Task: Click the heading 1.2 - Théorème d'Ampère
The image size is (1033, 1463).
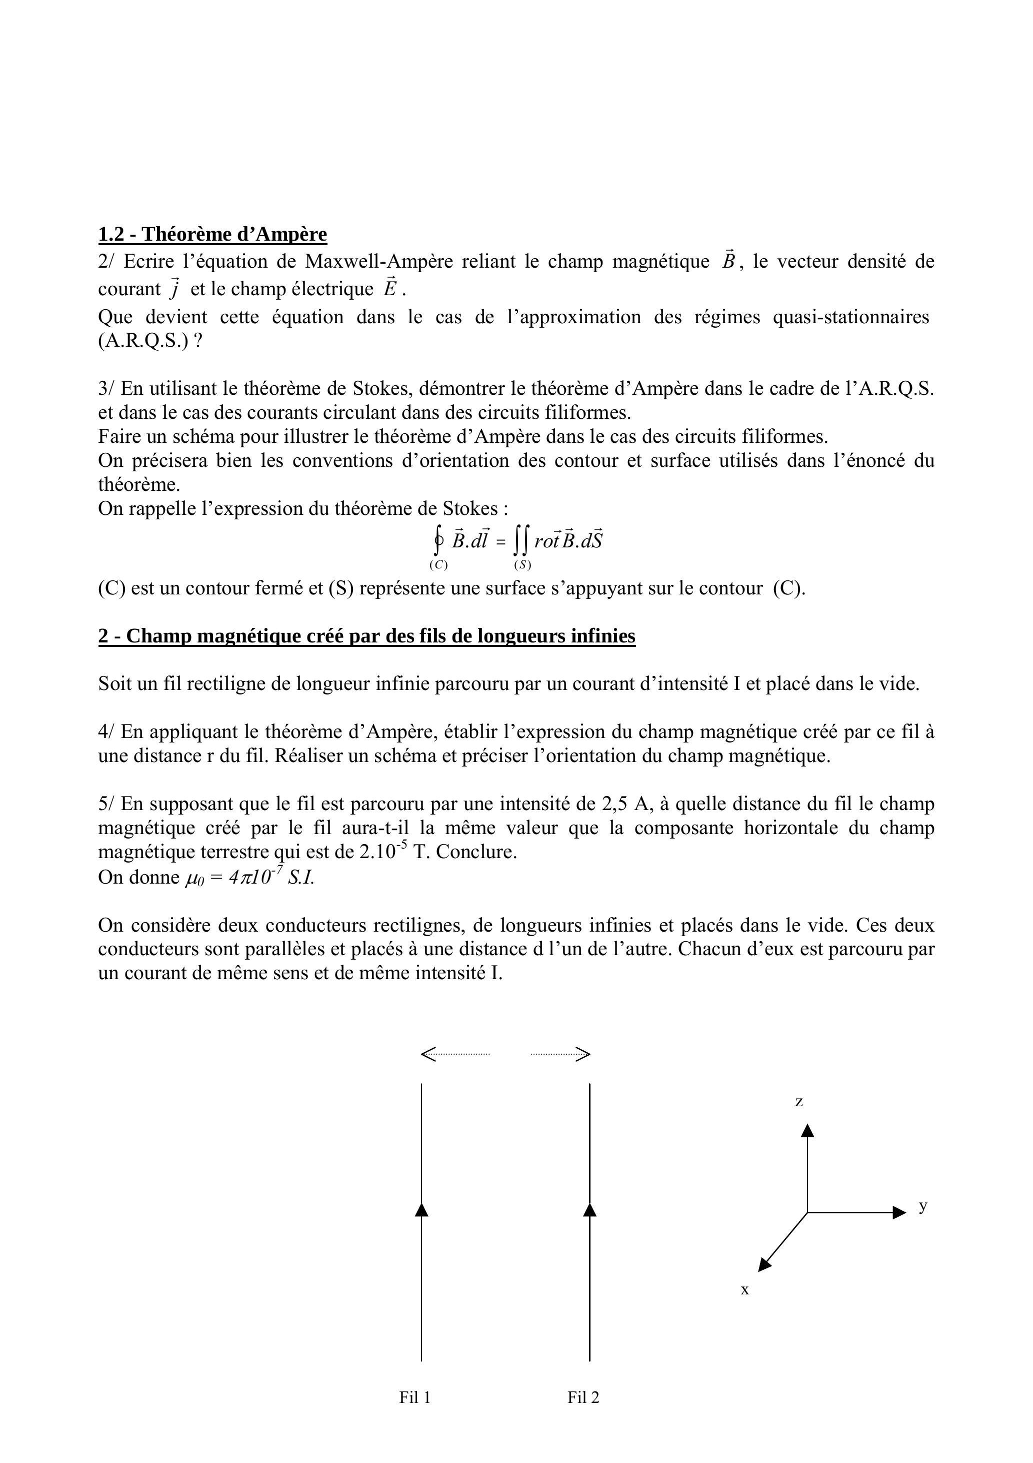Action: coord(212,235)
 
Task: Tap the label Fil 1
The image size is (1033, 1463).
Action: coord(414,1397)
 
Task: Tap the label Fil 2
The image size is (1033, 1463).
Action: coord(583,1397)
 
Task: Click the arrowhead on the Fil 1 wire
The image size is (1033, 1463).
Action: coord(421,1209)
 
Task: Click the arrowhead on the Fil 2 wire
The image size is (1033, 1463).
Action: coord(589,1209)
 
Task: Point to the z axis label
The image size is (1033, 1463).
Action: coord(798,1102)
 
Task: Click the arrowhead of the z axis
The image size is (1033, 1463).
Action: coord(807,1130)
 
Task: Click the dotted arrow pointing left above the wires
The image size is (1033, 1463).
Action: coord(454,1054)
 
